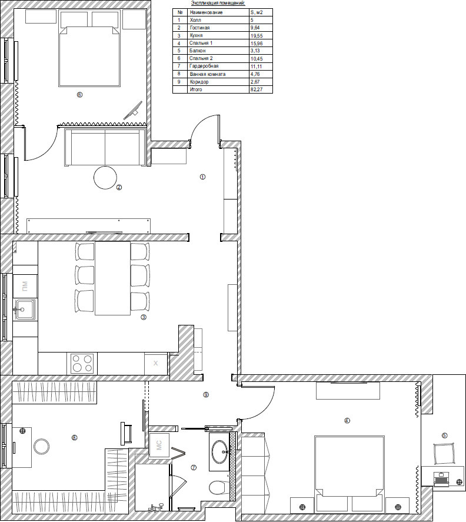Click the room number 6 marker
(79, 95)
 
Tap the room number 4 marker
(347, 420)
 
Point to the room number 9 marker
(206, 395)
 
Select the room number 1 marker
(202, 177)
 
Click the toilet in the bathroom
(218, 487)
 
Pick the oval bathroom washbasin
(220, 451)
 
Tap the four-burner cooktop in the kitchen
(82, 363)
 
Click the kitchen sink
(25, 310)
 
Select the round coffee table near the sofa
(105, 178)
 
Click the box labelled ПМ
(25, 286)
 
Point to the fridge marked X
(155, 363)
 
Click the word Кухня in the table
(196, 35)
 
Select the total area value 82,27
(256, 89)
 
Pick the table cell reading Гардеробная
(204, 66)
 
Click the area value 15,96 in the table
(257, 44)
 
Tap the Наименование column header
(206, 12)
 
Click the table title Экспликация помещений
(218, 3)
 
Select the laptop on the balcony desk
(442, 478)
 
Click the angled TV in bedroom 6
(133, 111)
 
